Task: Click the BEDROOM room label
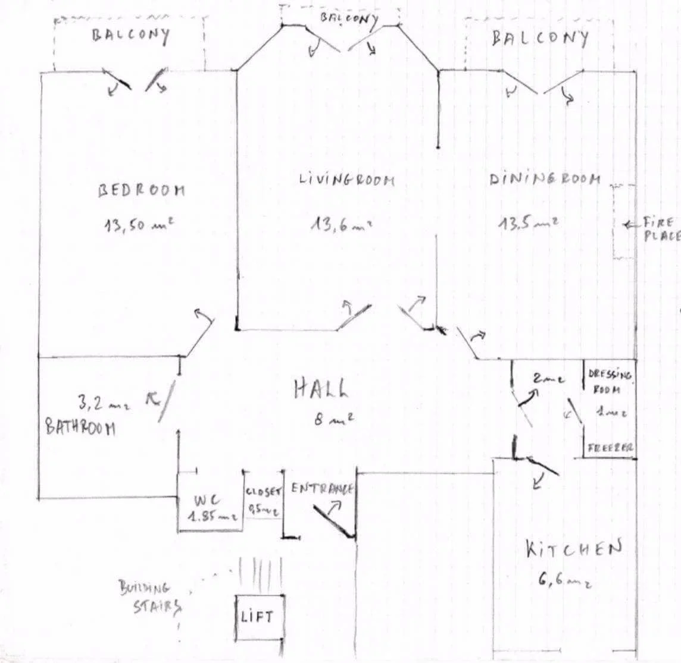[x=142, y=190]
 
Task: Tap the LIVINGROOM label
[x=347, y=178]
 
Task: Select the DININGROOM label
[x=545, y=178]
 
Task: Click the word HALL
[x=321, y=389]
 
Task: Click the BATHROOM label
[x=80, y=428]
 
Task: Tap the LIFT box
[x=258, y=617]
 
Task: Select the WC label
[x=206, y=501]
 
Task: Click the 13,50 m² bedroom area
[x=139, y=225]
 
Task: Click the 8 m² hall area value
[x=333, y=419]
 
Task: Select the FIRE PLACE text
[x=660, y=229]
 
